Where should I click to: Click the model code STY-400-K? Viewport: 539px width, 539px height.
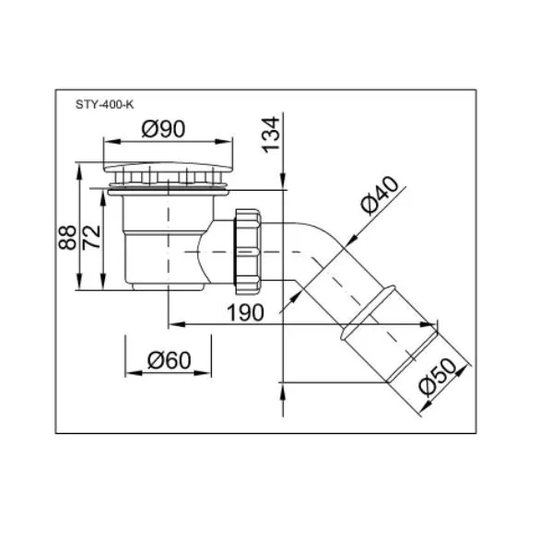104,104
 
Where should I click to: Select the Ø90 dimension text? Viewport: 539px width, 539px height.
163,129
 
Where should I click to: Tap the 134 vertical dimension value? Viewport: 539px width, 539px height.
271,135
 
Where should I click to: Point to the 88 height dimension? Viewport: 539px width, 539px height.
67,238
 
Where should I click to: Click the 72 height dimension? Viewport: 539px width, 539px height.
92,237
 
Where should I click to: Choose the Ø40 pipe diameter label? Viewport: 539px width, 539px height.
380,195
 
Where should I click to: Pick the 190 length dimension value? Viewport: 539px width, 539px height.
245,313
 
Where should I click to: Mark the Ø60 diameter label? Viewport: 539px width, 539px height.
170,360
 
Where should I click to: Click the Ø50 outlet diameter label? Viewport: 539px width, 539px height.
438,378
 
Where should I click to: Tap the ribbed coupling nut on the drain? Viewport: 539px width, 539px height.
248,252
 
